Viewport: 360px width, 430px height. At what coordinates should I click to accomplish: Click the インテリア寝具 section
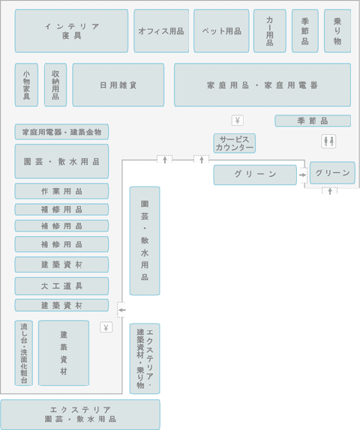click(x=71, y=31)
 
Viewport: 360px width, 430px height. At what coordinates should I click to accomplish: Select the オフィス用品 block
click(x=161, y=31)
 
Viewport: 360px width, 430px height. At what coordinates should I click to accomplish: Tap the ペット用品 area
click(x=221, y=31)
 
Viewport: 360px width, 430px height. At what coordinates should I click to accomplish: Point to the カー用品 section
click(x=270, y=31)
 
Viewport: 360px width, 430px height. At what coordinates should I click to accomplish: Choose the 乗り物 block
click(x=337, y=31)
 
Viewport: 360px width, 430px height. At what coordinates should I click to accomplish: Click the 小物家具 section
click(x=26, y=85)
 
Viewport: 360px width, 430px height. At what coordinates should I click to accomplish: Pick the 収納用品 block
click(x=55, y=85)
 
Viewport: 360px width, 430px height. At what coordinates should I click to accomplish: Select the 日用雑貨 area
click(x=118, y=85)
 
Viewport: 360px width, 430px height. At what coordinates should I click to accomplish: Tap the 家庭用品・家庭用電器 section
click(x=262, y=85)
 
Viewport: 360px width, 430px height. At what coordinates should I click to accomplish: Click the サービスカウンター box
click(x=235, y=143)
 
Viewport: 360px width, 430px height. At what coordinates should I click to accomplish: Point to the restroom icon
click(x=328, y=142)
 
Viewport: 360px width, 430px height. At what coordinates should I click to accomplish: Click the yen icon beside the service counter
click(x=238, y=121)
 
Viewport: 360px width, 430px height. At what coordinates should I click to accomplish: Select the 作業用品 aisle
click(x=61, y=191)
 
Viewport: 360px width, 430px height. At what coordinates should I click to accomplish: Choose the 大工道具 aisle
click(x=61, y=286)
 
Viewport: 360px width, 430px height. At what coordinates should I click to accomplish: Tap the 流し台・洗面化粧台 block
click(x=24, y=353)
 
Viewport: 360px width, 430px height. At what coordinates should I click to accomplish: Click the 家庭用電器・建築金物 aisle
click(x=61, y=132)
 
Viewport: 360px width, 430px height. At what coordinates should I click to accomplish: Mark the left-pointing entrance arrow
click(x=122, y=310)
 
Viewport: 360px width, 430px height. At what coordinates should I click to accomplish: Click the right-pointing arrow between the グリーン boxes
click(x=302, y=175)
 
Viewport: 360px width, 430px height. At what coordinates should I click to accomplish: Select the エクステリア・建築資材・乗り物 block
click(x=145, y=359)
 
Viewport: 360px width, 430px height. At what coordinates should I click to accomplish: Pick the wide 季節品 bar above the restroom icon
click(x=313, y=121)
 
